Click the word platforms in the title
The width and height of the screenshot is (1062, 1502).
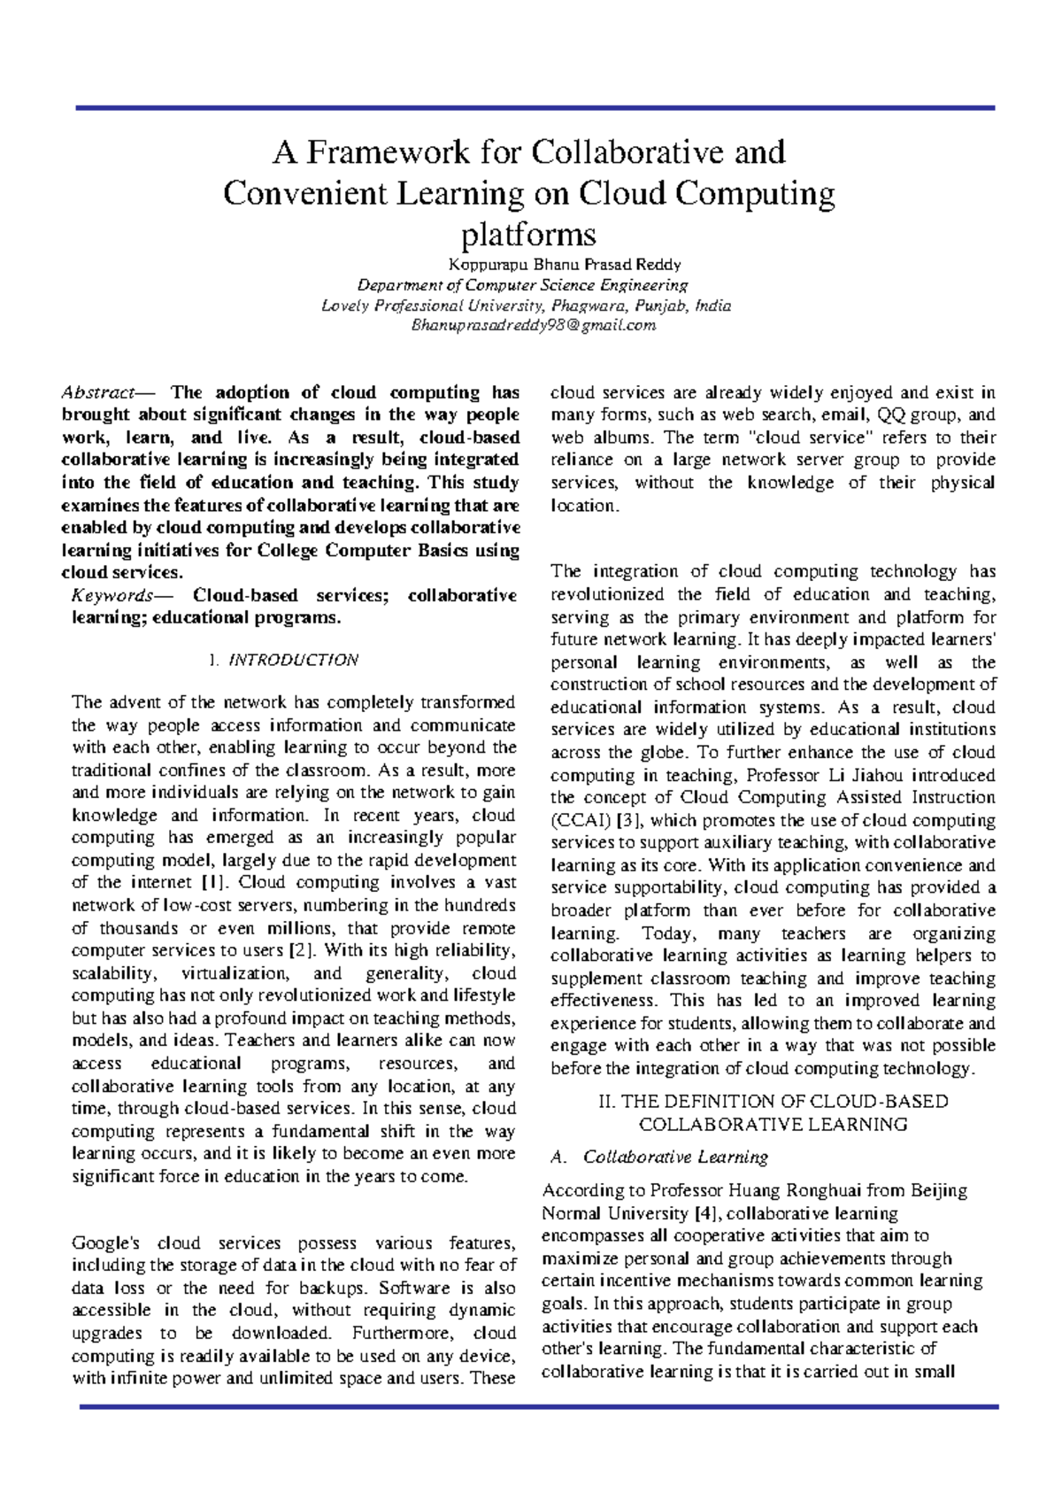coord(529,235)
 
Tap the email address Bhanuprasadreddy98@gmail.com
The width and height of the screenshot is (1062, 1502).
coord(528,326)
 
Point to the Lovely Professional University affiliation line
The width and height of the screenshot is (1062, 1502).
coord(527,306)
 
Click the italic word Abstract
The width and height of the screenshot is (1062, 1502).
coord(96,392)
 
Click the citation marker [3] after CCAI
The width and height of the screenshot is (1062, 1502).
coord(629,820)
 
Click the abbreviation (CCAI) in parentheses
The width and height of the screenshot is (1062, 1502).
coord(575,820)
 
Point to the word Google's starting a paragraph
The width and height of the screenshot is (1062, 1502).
coord(105,1243)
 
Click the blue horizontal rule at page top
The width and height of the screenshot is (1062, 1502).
coord(535,108)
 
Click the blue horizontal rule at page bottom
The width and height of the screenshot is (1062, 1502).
coord(538,1406)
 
